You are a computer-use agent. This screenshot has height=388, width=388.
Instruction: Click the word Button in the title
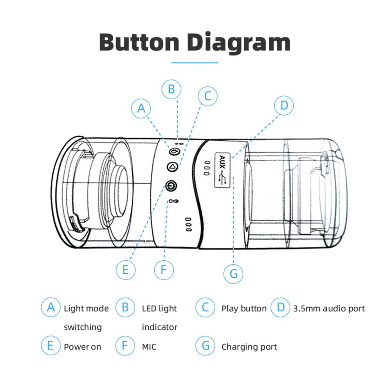coord(139,42)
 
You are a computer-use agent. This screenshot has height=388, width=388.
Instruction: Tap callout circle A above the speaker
coord(141,108)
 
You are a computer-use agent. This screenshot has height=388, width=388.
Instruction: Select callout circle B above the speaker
coord(171,89)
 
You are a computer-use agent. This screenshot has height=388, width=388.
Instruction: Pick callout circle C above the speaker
coord(208,96)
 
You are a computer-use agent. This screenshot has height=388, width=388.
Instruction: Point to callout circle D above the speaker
coord(284,106)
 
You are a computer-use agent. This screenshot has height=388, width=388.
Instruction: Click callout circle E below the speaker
coord(126,270)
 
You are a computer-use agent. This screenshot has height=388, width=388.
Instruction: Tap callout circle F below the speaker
coord(164,270)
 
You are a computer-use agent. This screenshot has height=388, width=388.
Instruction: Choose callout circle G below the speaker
coord(233,274)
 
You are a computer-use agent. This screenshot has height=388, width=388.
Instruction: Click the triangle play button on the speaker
coord(172,167)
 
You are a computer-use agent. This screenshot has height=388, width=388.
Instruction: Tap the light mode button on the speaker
coord(174,151)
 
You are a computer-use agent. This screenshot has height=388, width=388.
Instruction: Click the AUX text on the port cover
coord(222,162)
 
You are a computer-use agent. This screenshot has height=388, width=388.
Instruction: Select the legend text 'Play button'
coord(244,308)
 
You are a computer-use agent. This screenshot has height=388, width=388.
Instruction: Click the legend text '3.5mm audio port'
coord(329,308)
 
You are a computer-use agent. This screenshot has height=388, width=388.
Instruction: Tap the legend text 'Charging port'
coord(249,347)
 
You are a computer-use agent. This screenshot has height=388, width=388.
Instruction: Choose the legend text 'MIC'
coord(149,347)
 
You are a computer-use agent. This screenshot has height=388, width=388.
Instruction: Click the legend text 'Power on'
coord(82,347)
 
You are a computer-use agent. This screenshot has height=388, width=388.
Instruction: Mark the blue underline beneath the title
coord(195,63)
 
